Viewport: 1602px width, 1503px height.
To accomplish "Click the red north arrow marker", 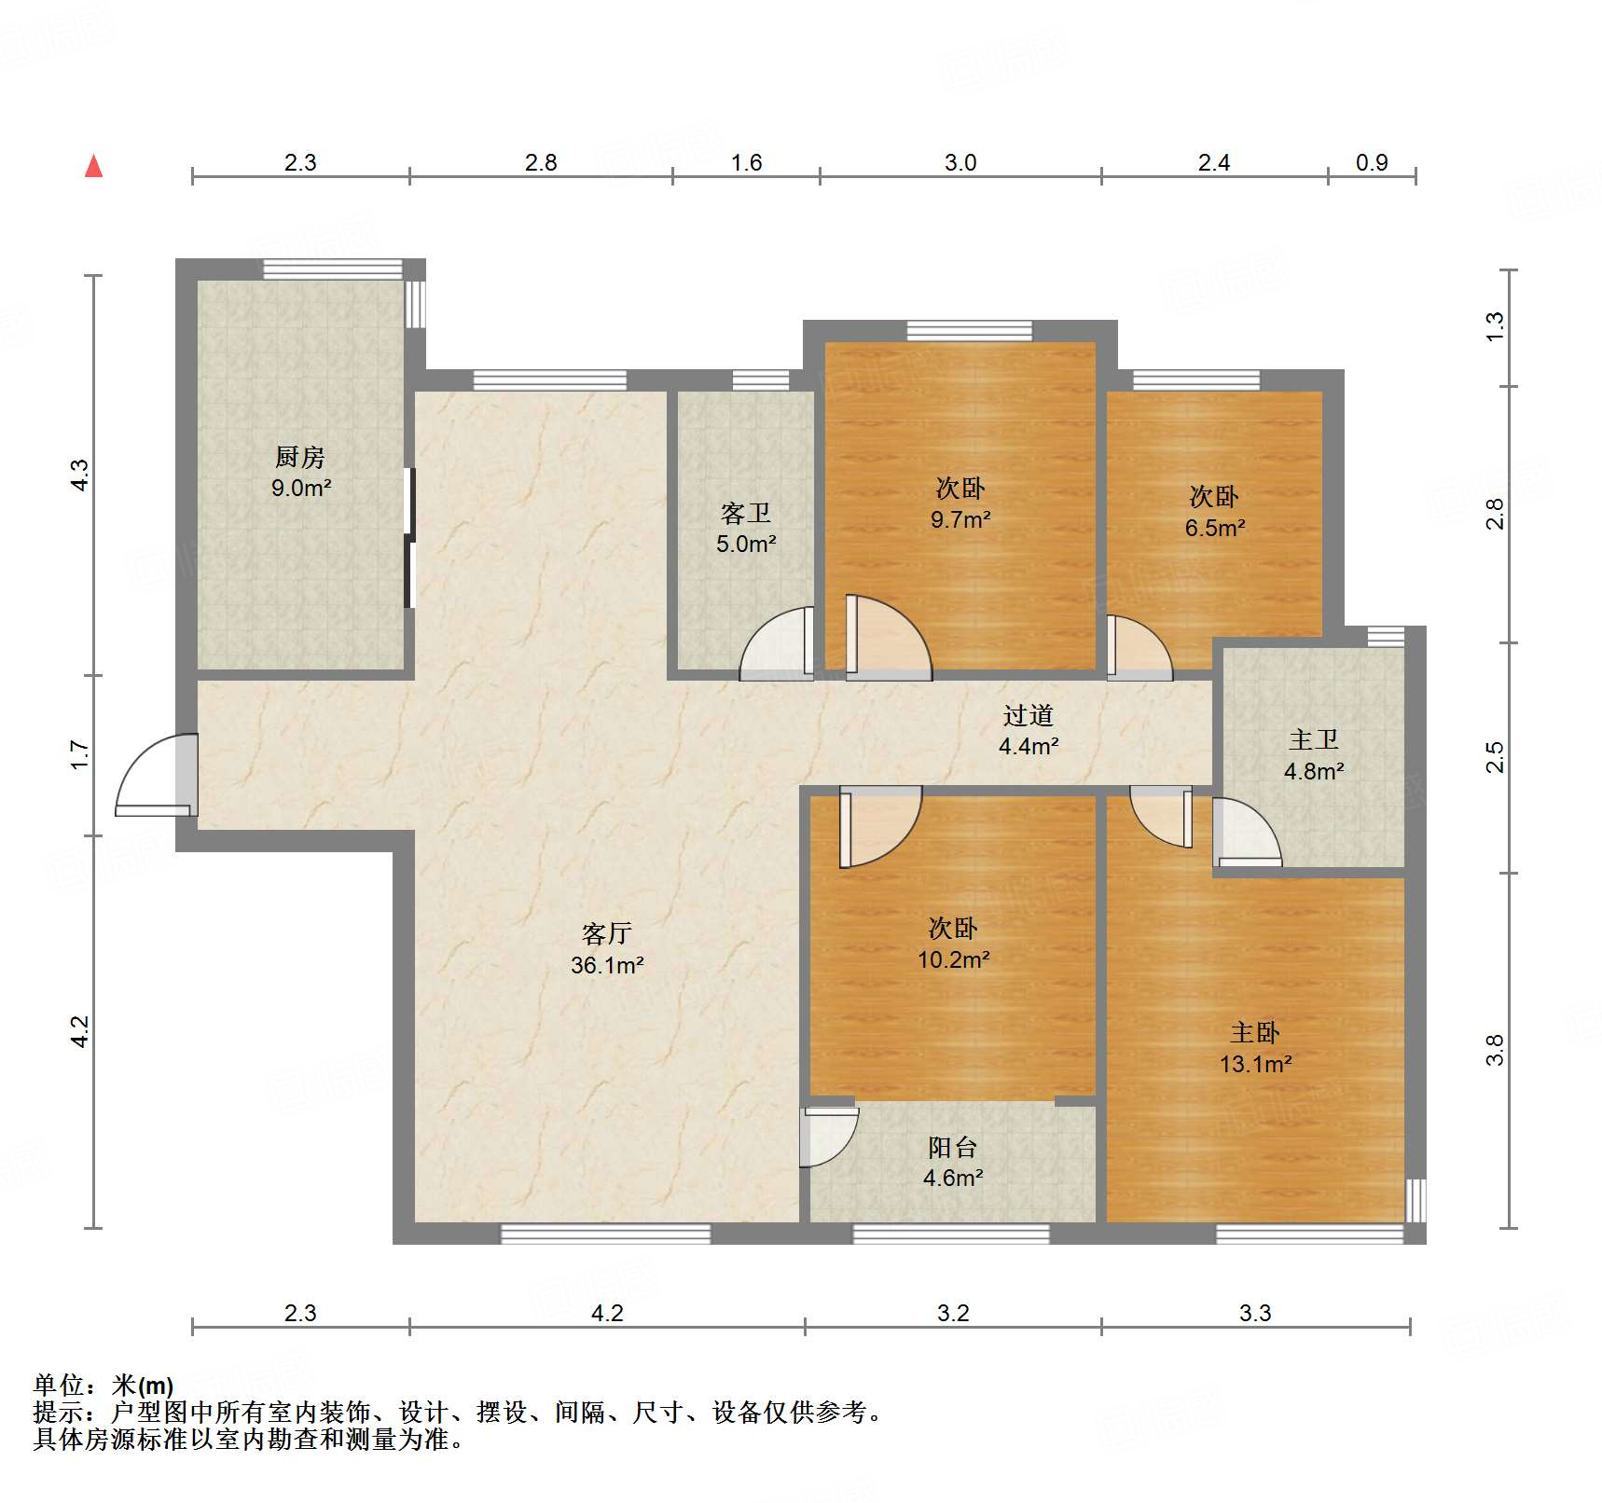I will coord(93,167).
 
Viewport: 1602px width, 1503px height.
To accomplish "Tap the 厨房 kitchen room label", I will coord(300,457).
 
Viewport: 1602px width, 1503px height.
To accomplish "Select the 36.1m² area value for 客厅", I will coord(607,965).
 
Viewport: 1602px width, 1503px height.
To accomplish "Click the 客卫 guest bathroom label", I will coord(746,513).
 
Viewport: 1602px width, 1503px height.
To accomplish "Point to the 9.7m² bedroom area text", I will coord(960,519).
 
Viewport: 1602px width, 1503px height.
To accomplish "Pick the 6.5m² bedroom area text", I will coord(1215,528).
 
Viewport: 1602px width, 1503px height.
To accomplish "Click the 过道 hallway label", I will coord(1029,715).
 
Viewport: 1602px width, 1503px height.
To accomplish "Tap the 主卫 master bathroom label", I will coord(1314,739).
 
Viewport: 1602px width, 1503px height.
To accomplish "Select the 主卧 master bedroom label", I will coord(1255,1032).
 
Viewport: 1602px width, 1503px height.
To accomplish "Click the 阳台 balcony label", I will coord(953,1147).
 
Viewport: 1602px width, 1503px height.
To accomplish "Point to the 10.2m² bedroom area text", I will coord(953,959).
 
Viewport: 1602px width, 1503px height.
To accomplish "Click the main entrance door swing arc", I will coord(149,774).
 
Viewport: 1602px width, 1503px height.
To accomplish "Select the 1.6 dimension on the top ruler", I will coord(746,163).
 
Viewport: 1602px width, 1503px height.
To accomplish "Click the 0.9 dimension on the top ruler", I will coord(1372,163).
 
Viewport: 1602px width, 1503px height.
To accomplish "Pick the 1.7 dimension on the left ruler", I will coord(80,754).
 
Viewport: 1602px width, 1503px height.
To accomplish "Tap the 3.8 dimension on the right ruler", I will coord(1495,1050).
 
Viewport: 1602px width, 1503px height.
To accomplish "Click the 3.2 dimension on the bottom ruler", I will coord(953,1313).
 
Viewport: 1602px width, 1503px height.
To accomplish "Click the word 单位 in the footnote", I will coord(58,1386).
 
